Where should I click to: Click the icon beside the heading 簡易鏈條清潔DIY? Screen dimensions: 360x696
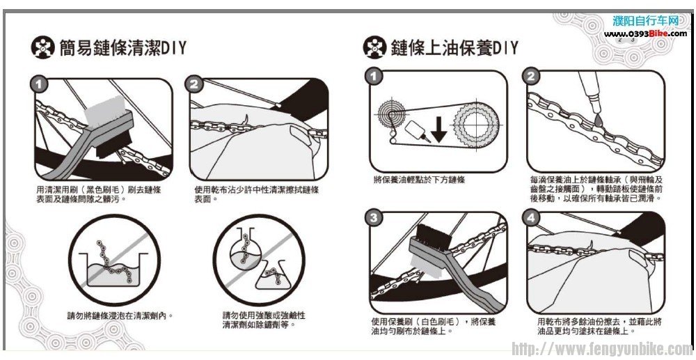click(x=42, y=48)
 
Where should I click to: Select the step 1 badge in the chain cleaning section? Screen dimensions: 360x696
click(x=40, y=84)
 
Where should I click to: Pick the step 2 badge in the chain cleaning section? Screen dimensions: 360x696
click(x=193, y=84)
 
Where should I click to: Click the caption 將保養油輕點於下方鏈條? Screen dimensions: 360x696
click(x=419, y=180)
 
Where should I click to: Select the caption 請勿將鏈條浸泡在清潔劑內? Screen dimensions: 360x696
click(x=120, y=316)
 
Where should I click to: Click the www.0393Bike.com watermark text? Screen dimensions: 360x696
click(x=645, y=33)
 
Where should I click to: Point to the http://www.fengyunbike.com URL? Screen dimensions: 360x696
click(x=601, y=349)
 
